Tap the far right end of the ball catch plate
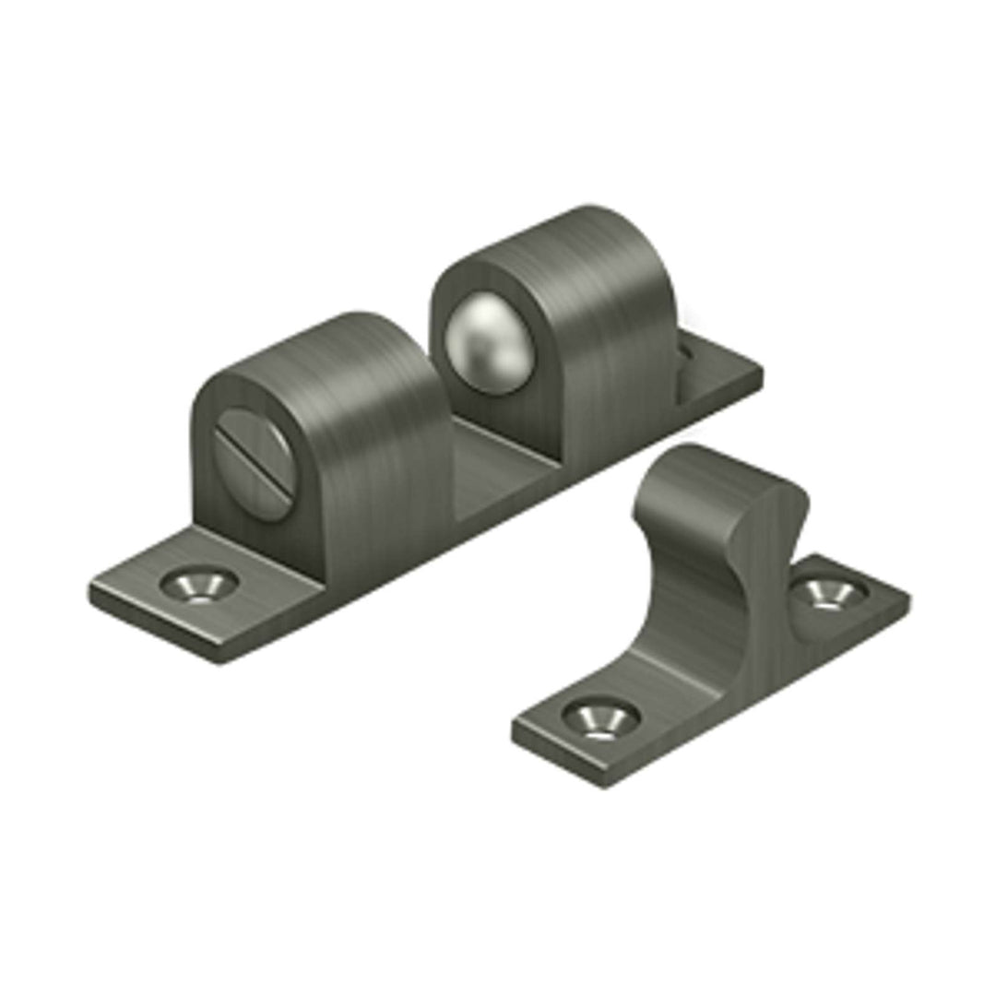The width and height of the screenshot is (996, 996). [x=762, y=373]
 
